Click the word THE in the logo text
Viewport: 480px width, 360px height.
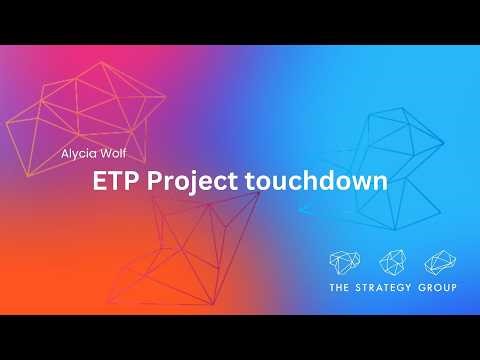341,290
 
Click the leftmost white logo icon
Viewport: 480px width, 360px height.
346,262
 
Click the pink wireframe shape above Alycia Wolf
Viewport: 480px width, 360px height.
95,105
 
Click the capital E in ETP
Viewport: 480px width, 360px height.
99,183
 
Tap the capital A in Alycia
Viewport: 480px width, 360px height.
64,156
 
